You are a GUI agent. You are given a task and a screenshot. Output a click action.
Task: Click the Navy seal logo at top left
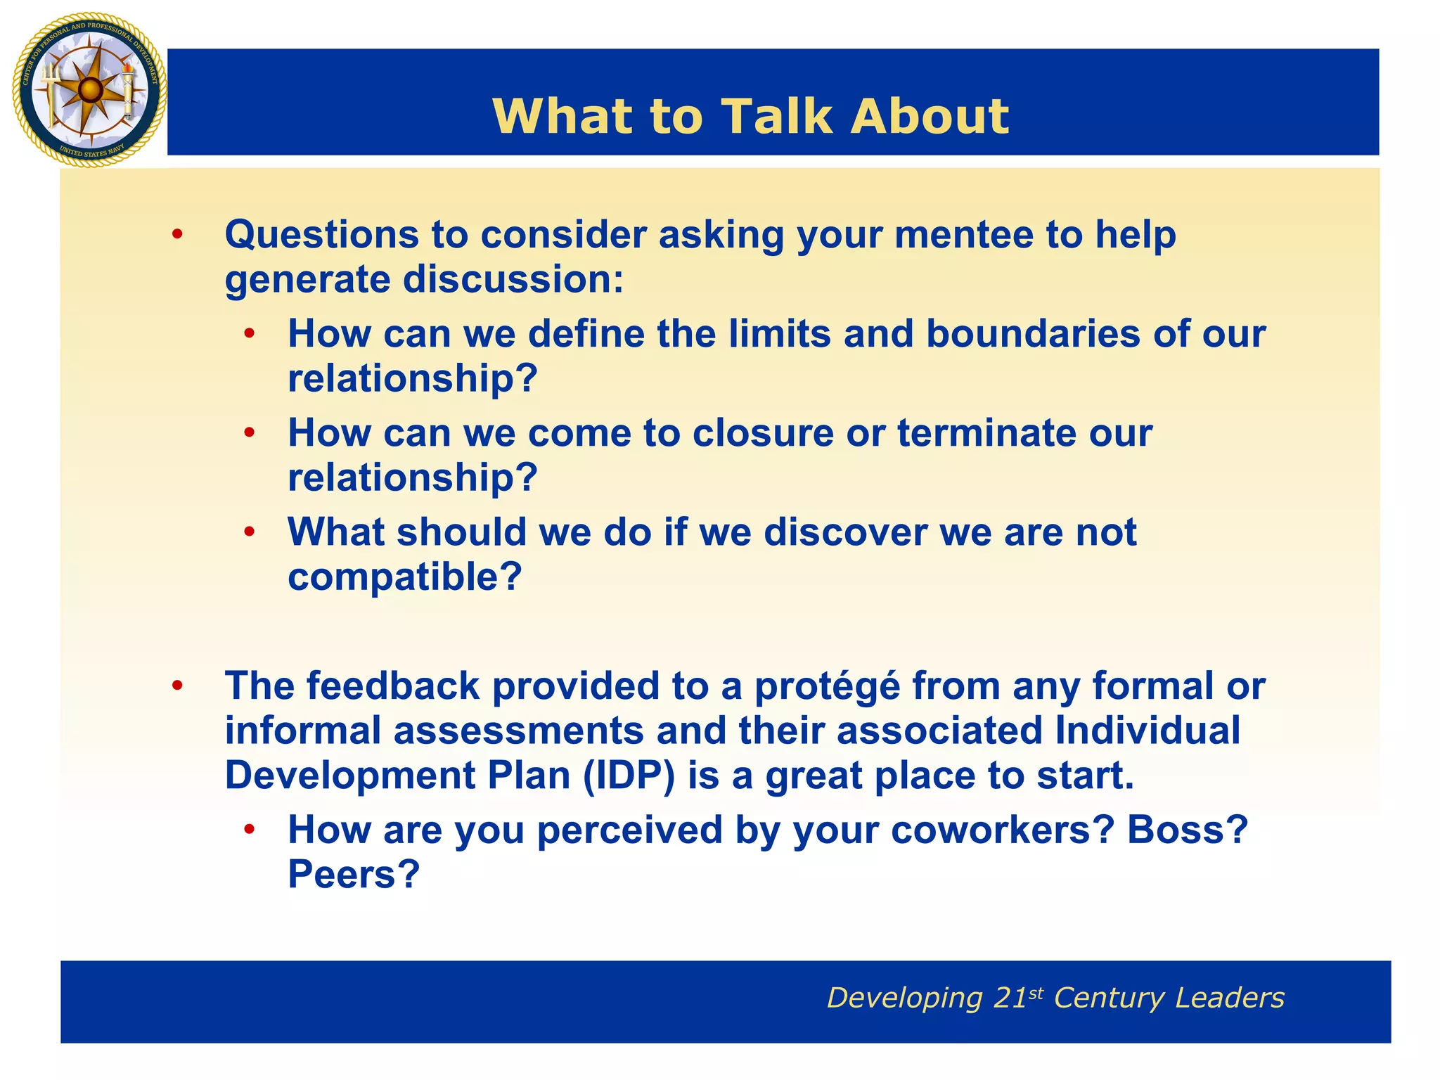coord(89,89)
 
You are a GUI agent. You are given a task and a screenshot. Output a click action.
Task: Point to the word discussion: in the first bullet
coord(513,279)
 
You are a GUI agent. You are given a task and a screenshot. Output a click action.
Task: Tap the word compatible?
coord(405,577)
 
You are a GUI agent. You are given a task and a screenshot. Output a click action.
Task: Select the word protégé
coord(827,686)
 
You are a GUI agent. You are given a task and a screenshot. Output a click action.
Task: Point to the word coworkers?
coord(1003,830)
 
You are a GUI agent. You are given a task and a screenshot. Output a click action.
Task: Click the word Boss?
coord(1187,830)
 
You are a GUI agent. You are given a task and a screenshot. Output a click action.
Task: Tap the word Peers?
coord(354,875)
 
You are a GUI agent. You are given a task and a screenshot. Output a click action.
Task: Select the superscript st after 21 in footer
coord(1036,993)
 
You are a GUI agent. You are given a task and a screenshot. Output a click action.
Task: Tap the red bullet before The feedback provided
coord(177,686)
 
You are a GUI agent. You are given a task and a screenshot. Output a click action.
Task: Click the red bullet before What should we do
coord(249,532)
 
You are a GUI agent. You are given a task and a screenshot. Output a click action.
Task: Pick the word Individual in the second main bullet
coord(1147,731)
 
